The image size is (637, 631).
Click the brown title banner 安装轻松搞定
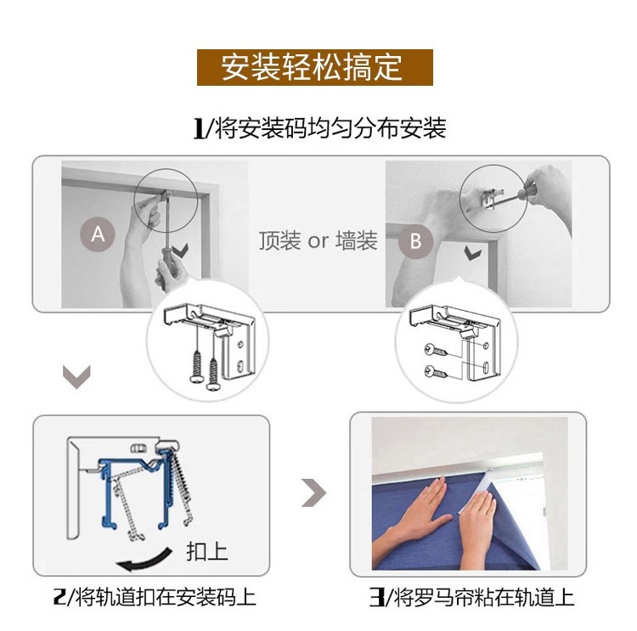click(x=314, y=67)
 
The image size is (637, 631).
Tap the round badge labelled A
click(x=98, y=233)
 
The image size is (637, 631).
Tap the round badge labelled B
click(x=415, y=240)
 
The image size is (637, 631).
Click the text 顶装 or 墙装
click(x=318, y=241)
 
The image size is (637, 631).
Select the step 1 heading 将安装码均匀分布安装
click(x=319, y=128)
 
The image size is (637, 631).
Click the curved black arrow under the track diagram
click(x=153, y=561)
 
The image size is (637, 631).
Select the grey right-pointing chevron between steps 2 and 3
click(x=314, y=493)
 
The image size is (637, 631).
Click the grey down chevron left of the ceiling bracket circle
click(x=77, y=376)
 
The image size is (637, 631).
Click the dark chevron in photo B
click(x=471, y=253)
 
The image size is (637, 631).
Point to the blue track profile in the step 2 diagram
click(x=110, y=501)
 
